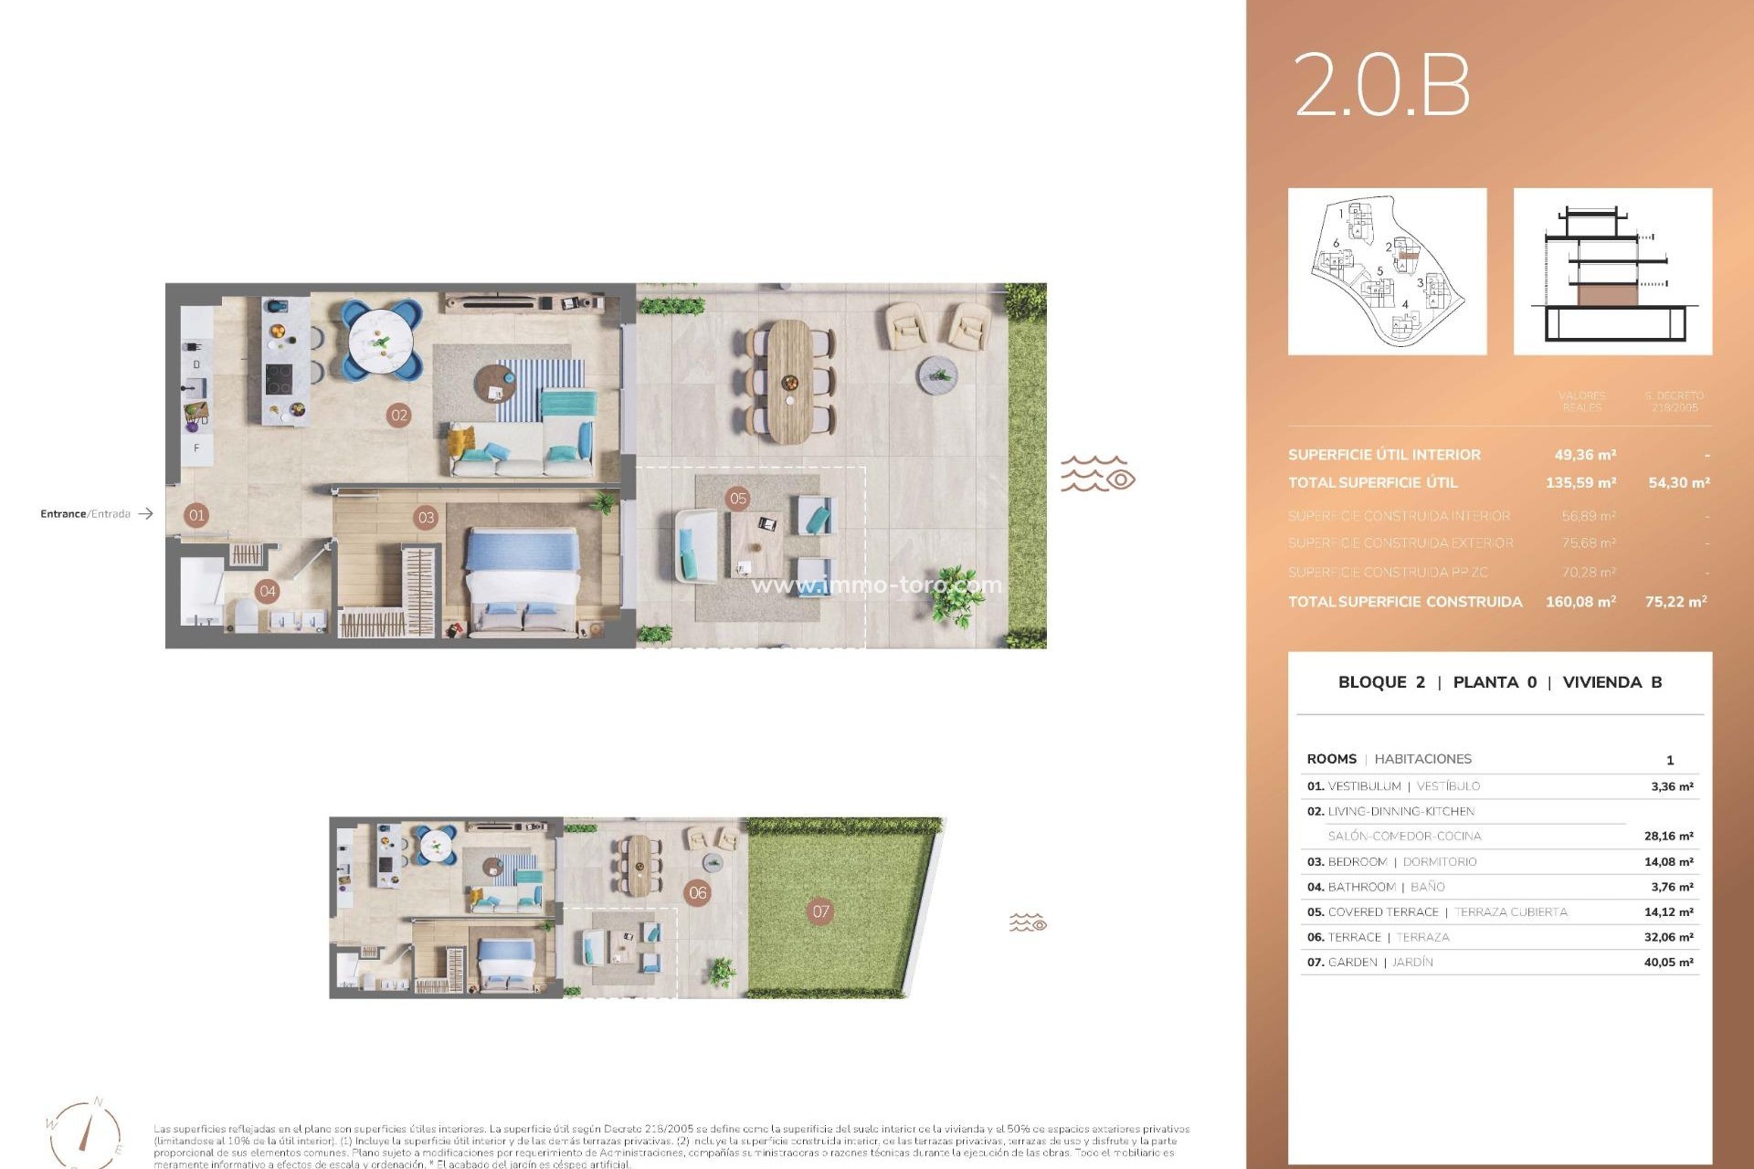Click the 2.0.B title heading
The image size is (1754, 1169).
coord(1380,84)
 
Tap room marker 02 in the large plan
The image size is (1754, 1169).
coord(399,415)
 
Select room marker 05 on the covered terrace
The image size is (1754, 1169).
coord(738,498)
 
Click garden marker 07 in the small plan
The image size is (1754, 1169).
coord(820,911)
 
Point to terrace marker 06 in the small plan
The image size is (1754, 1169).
coord(698,892)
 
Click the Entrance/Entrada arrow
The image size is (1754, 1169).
coord(145,514)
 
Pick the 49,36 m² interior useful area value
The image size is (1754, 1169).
coord(1585,455)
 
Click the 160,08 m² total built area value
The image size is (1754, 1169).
coord(1580,602)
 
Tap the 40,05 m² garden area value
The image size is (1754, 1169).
coord(1668,963)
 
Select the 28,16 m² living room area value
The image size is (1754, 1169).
coord(1668,837)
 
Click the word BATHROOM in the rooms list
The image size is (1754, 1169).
coord(1361,887)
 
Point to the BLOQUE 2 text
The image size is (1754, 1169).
coord(1380,682)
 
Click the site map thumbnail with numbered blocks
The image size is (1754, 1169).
coord(1387,271)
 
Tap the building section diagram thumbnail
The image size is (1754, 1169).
coord(1612,271)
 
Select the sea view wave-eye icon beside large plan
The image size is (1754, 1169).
coord(1097,475)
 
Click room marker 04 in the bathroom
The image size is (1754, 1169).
coord(268,591)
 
